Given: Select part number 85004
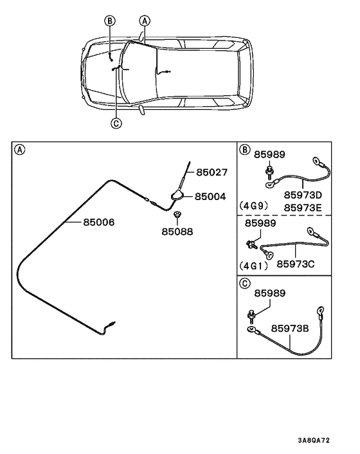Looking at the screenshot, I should coord(211,196).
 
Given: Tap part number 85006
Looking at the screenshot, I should coord(98,222).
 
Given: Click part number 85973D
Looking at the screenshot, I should coord(303,194).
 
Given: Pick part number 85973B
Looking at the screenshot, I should coord(291,328).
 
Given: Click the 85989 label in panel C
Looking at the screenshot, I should coord(269,293).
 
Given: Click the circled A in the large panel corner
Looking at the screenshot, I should coord(20,150).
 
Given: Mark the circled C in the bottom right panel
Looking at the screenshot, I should coord(245,283).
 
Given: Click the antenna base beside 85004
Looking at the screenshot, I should coord(177,194).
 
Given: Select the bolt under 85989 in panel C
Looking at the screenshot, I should coord(251,315).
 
